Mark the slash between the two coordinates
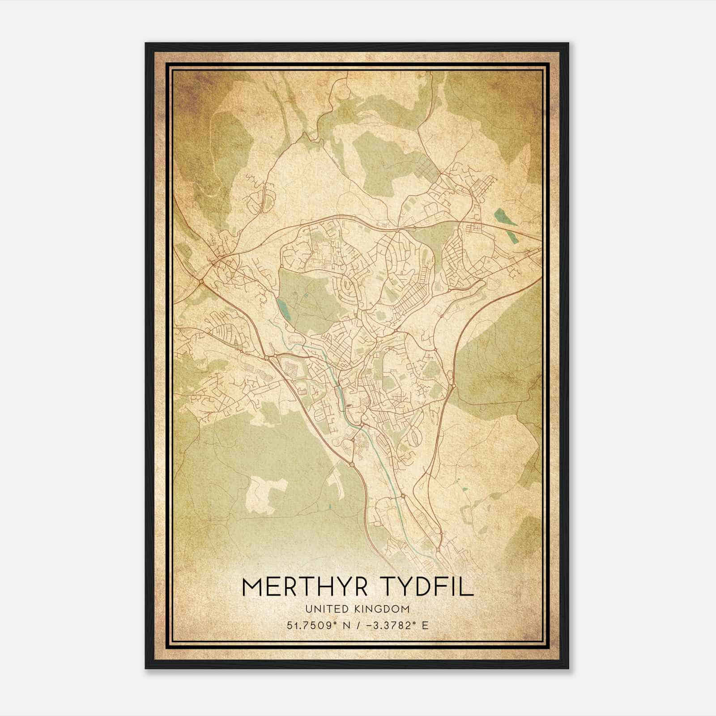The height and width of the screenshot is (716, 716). point(359,625)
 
